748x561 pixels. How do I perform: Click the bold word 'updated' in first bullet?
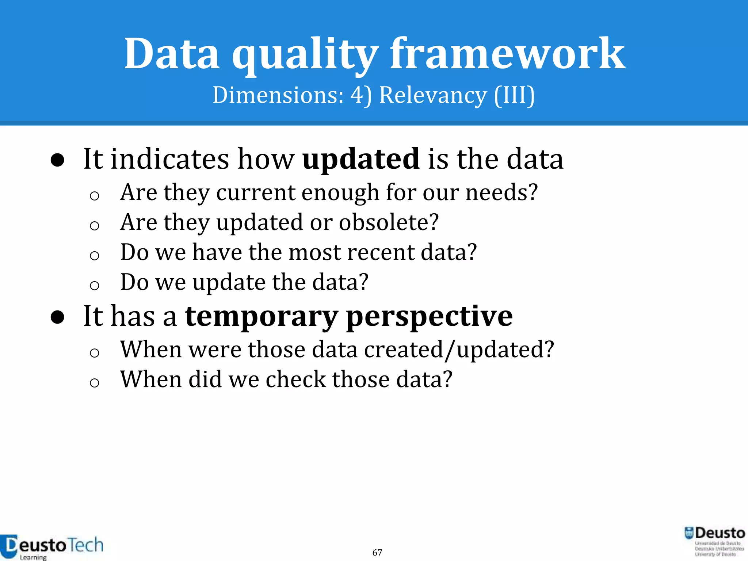[361, 160]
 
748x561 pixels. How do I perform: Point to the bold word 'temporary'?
[262, 317]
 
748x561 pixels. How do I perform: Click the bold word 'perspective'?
[429, 317]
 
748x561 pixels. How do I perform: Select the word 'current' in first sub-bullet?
[255, 192]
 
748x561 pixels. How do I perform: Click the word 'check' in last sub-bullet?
[295, 379]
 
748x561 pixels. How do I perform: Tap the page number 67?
[377, 553]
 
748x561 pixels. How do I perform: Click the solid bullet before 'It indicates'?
[58, 160]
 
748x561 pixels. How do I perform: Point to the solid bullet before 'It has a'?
[58, 317]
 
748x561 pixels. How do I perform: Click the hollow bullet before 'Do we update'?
[94, 285]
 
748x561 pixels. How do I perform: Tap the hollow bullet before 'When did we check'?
[94, 382]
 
